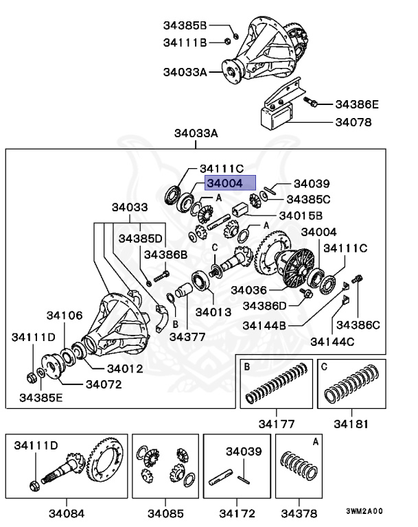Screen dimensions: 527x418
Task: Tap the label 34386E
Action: [356, 104]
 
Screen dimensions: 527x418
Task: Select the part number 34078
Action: [353, 123]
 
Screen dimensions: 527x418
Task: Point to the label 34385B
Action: [185, 25]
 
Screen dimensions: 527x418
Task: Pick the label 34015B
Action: [303, 215]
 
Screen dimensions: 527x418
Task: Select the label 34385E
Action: [40, 397]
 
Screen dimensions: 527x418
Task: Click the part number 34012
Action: [124, 368]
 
